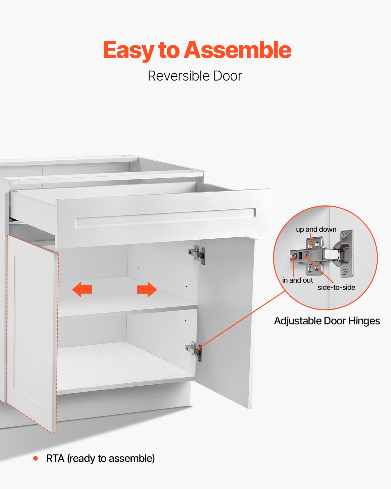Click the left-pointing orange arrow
[82, 289]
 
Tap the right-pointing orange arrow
[147, 289]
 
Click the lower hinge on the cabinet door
[195, 350]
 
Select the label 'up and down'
[316, 230]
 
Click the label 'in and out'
[297, 280]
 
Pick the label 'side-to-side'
[336, 288]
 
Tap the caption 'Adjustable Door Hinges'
[327, 321]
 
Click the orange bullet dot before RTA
[36, 459]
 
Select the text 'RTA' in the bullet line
[55, 459]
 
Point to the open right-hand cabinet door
[226, 319]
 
